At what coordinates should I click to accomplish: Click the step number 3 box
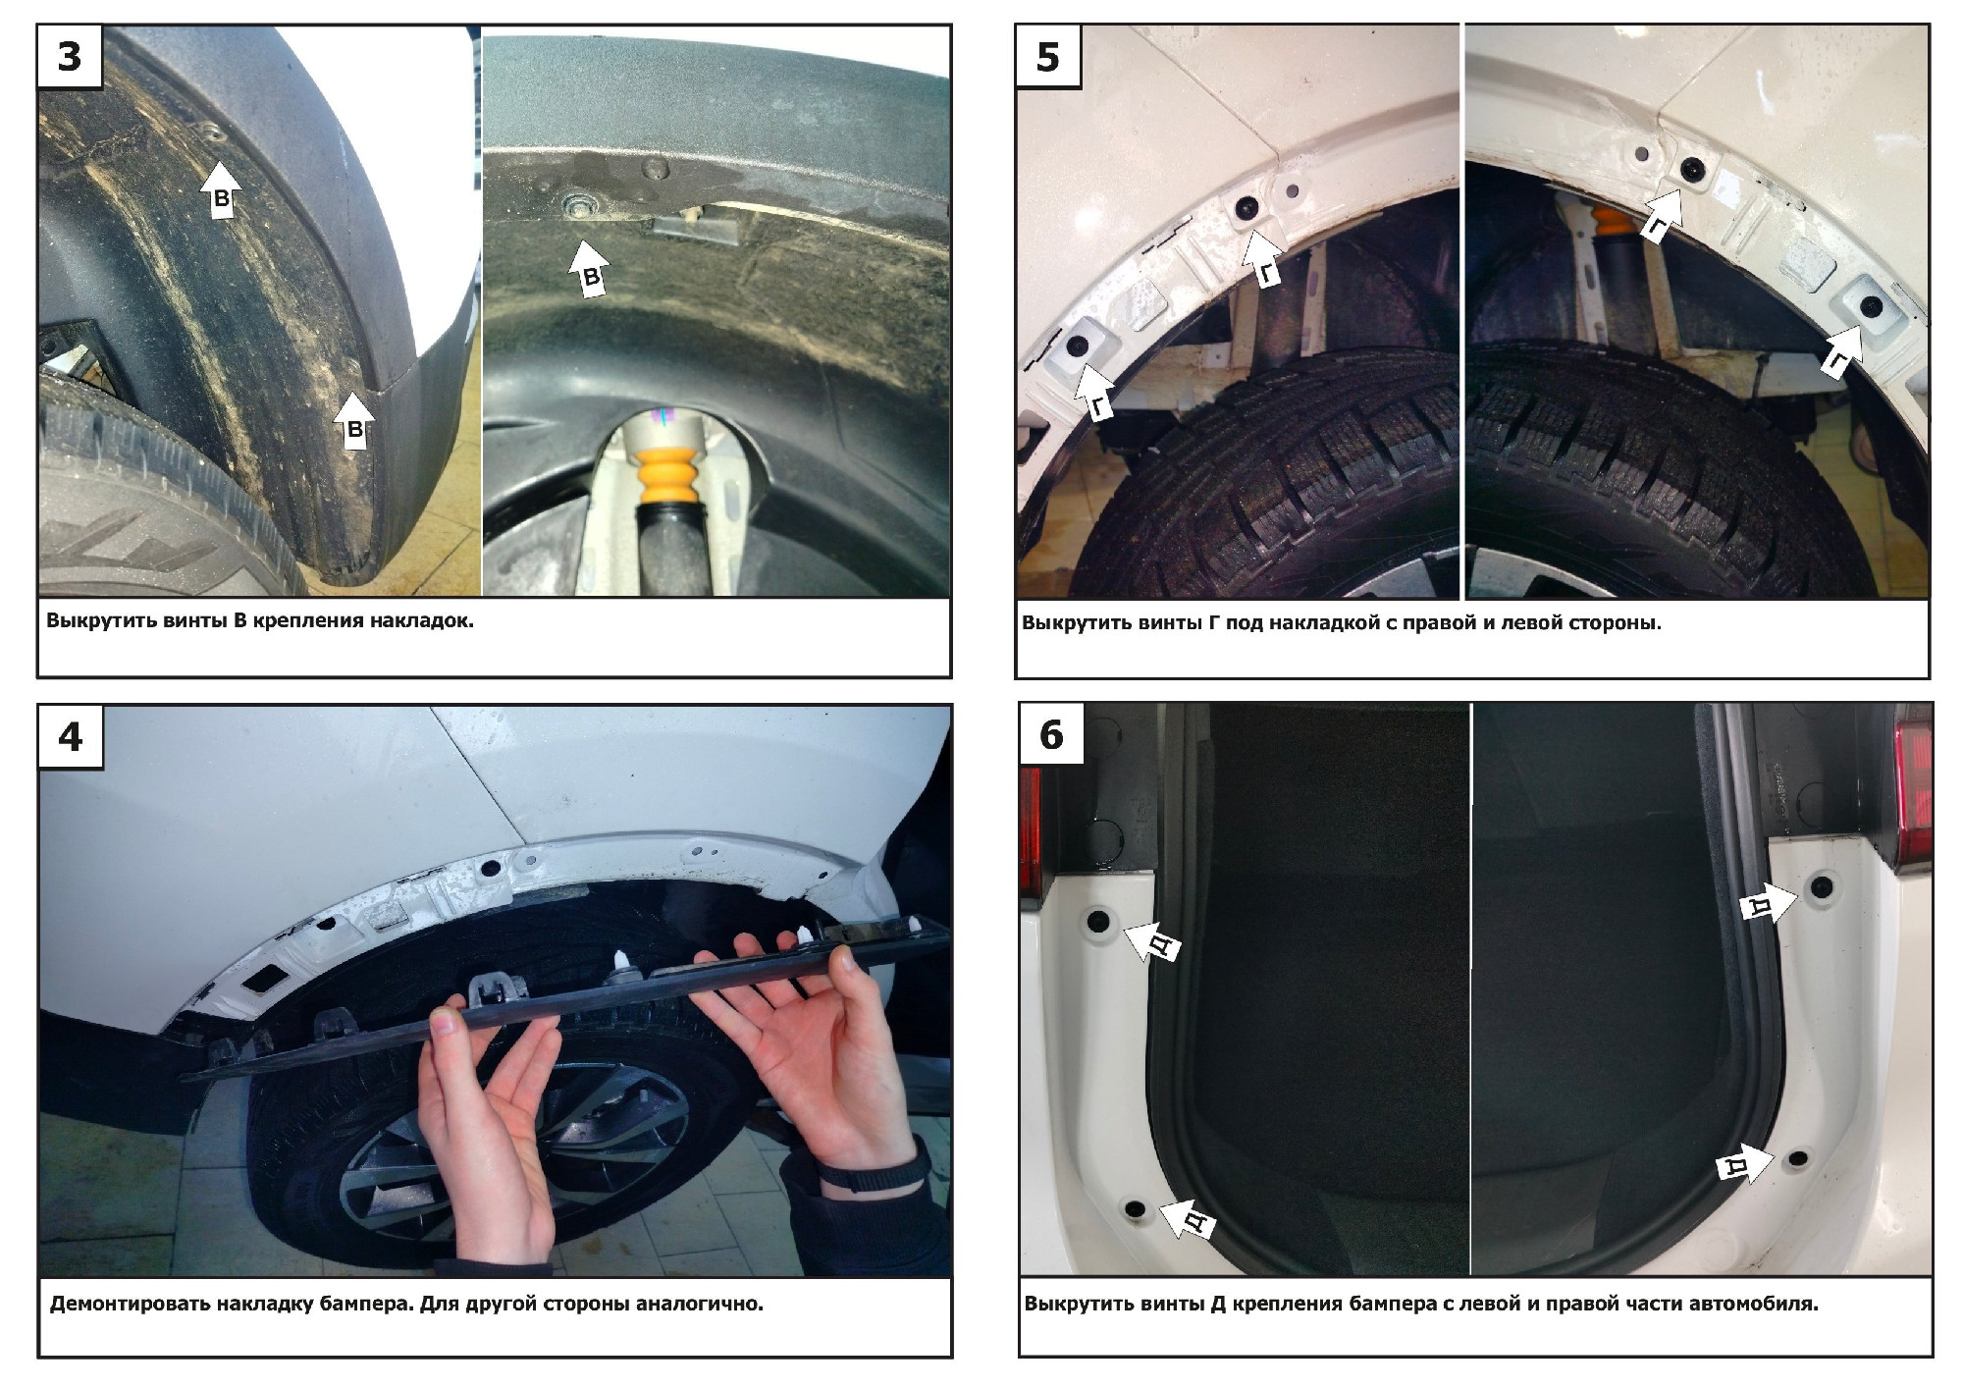coord(70,57)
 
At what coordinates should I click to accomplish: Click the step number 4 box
coord(71,737)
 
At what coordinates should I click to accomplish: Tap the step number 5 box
coord(1048,57)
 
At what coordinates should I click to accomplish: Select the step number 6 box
coord(1051,735)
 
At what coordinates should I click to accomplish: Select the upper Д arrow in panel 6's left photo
coord(1150,941)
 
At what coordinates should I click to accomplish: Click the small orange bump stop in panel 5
coord(1611,220)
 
